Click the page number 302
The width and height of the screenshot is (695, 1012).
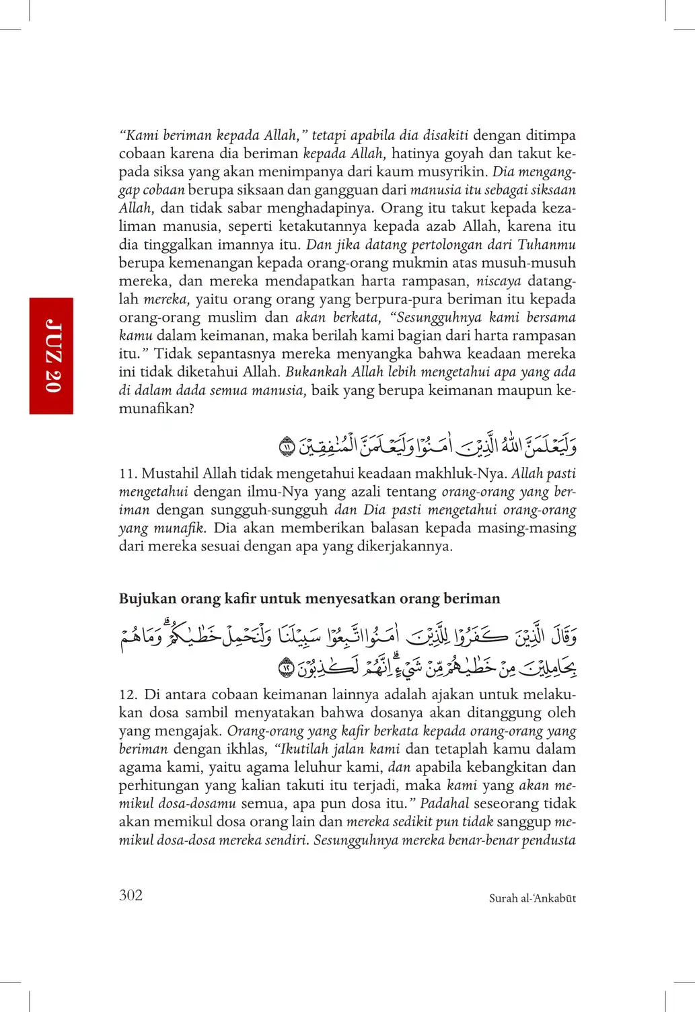131,895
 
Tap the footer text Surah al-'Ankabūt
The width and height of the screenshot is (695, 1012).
532,898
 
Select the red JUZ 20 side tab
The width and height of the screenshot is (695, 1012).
52,355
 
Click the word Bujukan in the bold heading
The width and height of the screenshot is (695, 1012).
148,599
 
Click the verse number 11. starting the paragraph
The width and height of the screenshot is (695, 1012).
128,474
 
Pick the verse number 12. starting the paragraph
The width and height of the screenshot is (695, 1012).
129,694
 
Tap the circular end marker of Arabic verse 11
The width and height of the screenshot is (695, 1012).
287,446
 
